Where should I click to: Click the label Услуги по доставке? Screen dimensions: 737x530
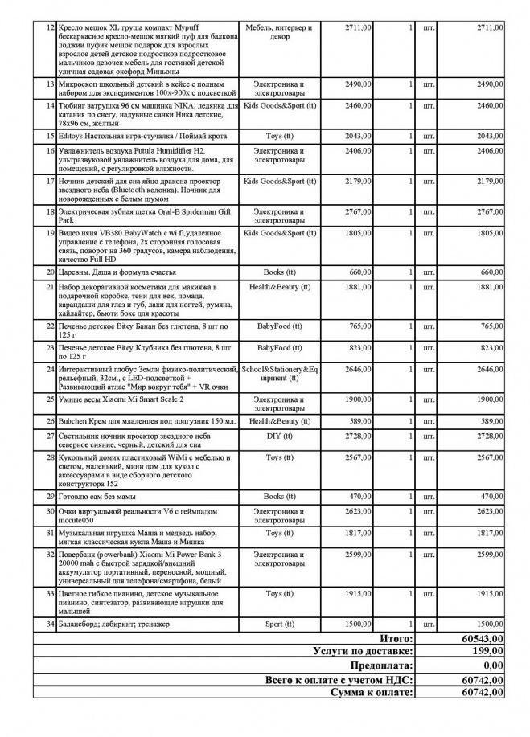pos(363,651)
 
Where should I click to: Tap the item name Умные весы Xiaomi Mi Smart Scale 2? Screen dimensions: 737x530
pos(120,399)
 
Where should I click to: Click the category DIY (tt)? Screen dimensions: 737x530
pos(279,435)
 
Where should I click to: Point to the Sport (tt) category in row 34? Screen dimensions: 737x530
pos(279,624)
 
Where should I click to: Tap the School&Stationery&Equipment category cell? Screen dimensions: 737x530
pos(279,373)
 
